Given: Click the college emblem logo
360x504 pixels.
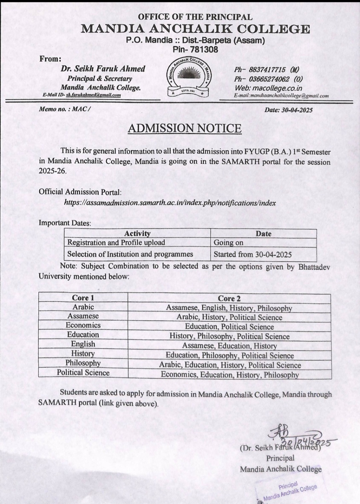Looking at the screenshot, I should (x=189, y=78).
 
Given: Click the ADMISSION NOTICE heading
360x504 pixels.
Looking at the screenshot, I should (x=185, y=128).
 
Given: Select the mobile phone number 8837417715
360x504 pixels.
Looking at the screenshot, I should (x=267, y=70).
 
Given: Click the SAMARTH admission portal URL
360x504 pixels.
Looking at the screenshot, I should (x=170, y=203).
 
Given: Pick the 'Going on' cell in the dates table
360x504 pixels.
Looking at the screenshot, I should (x=229, y=243).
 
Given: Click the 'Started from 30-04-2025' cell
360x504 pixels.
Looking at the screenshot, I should (x=253, y=255).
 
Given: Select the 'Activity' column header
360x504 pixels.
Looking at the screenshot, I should (x=137, y=234).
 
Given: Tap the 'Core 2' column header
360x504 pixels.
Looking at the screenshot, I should (x=229, y=298).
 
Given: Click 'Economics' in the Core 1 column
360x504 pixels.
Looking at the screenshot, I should (x=83, y=325).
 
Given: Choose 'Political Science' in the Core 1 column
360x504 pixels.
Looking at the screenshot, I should (x=83, y=373).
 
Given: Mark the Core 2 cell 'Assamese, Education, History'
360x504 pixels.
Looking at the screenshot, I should (x=229, y=346).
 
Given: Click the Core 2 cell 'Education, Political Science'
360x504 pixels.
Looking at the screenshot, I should (x=229, y=327).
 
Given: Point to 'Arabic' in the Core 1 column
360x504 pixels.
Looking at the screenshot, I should (x=83, y=307).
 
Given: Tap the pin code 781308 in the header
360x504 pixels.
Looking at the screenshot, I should (x=195, y=49).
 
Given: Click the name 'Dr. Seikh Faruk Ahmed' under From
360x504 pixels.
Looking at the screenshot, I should (x=103, y=69).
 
